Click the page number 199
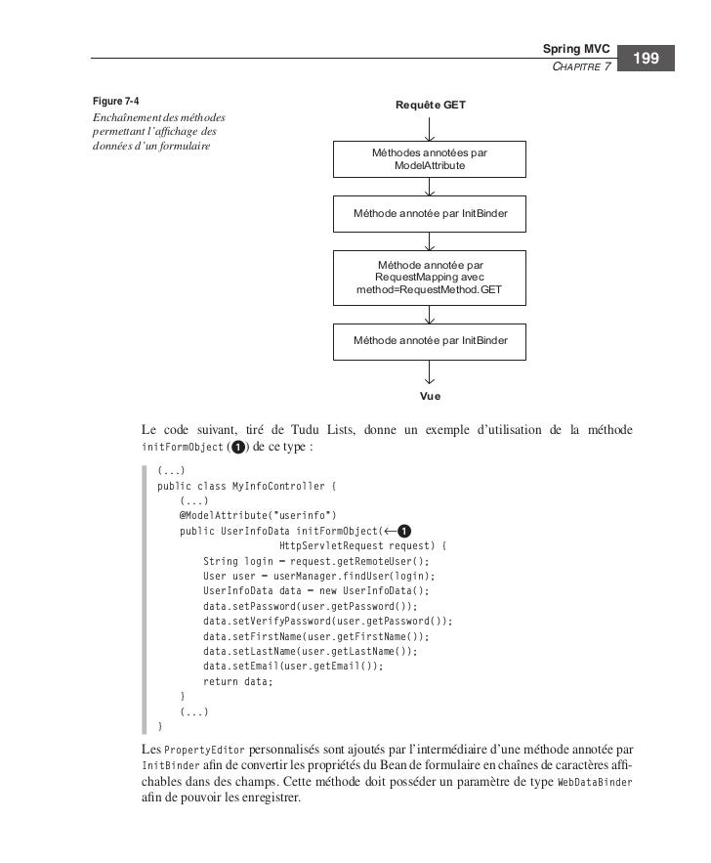[x=648, y=61]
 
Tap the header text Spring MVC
[x=576, y=49]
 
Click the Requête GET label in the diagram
[x=430, y=105]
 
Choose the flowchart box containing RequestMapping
[x=430, y=278]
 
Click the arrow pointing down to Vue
[x=430, y=372]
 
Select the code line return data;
[x=238, y=681]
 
